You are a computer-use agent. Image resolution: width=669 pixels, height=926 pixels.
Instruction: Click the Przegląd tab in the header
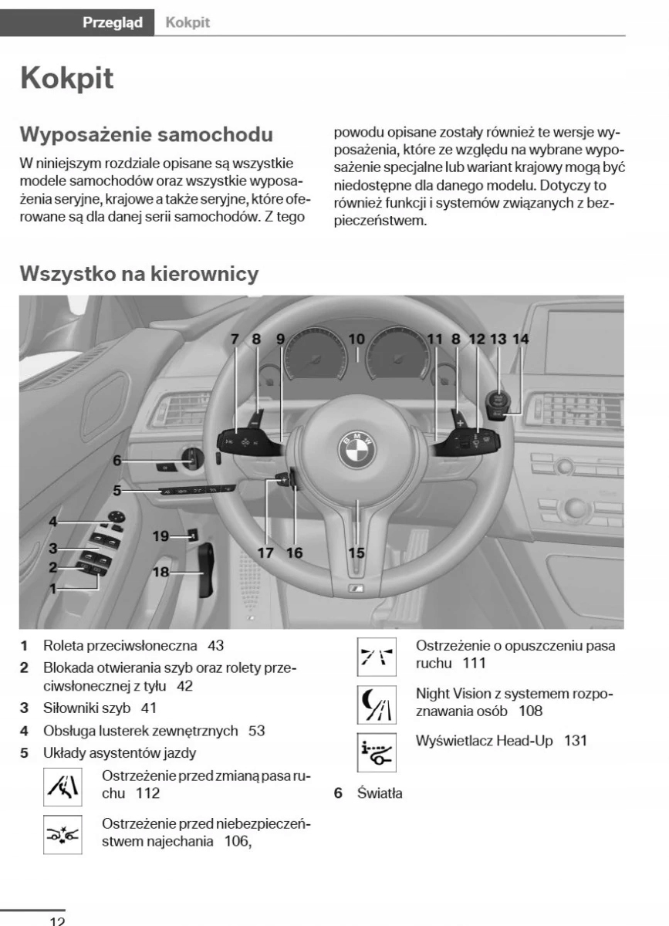tap(113, 22)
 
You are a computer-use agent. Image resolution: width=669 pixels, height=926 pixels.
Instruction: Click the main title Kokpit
tap(67, 79)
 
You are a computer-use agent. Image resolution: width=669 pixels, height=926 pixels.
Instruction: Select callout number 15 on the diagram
tap(356, 553)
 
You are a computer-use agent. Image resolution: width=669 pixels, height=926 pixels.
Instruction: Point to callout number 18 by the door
tap(160, 572)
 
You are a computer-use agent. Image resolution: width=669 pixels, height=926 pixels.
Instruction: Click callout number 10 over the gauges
tap(356, 338)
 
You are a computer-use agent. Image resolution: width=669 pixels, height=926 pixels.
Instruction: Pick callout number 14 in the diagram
tap(521, 338)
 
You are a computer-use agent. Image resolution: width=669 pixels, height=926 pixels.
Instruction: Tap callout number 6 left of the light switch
tap(117, 460)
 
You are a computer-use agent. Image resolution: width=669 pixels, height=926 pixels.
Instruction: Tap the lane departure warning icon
tap(377, 657)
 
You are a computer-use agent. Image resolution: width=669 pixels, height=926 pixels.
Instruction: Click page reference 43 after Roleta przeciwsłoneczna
tap(216, 645)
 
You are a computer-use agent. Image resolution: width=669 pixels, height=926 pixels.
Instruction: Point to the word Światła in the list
tap(380, 793)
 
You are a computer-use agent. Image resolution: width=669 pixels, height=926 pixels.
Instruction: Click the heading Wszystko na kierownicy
tap(139, 273)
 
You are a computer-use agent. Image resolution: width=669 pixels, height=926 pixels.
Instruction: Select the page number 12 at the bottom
tap(57, 921)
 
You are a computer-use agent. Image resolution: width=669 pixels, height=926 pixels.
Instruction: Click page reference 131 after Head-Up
tap(576, 741)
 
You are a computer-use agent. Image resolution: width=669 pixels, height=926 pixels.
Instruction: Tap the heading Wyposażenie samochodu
tap(146, 134)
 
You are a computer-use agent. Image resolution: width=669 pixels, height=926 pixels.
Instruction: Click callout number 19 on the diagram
tap(160, 536)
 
